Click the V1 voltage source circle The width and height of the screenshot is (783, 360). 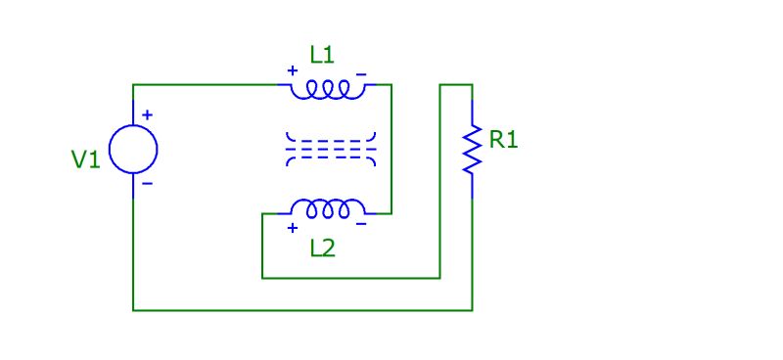(133, 150)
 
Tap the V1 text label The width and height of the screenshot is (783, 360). (86, 159)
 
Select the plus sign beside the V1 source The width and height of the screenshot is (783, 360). (148, 114)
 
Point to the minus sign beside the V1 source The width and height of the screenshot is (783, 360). (148, 183)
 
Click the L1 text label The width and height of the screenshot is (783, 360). (322, 56)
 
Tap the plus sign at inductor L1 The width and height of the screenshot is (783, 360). (292, 70)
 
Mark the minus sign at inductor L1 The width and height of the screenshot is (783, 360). (361, 71)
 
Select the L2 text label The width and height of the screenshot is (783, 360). (322, 247)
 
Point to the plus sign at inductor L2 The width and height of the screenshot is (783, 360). (292, 228)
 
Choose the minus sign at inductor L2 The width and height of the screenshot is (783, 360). (361, 225)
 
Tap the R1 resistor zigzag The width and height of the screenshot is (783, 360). (473, 149)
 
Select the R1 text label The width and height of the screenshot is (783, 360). (503, 140)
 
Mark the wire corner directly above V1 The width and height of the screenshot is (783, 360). (133, 85)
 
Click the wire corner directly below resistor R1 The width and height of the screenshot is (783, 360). (473, 310)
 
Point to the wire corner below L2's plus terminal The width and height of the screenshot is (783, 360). (262, 278)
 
